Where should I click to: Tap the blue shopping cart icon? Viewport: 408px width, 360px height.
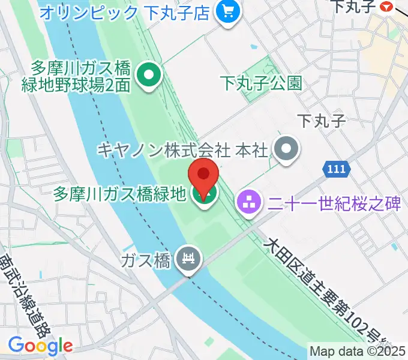tap(227, 11)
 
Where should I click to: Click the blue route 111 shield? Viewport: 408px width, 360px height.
tap(337, 170)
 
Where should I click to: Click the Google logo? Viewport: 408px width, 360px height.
tap(40, 345)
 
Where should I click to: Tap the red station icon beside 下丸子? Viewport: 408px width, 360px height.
tap(387, 7)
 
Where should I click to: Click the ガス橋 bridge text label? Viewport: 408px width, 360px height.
tap(146, 260)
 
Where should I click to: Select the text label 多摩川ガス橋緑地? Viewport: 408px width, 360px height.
tap(119, 194)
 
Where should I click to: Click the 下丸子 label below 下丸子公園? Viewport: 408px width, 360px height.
tap(322, 121)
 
